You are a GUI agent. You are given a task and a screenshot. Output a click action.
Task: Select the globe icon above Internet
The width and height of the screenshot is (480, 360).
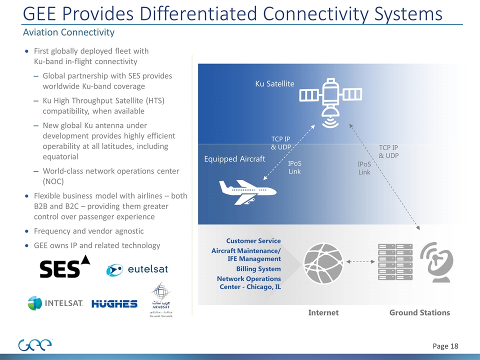tap(323, 261)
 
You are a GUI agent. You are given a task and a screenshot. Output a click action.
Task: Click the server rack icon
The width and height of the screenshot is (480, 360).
tap(395, 261)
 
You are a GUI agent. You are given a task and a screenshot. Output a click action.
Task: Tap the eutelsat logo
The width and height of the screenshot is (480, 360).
tap(137, 269)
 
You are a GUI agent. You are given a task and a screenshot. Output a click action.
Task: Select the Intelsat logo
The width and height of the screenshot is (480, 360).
tap(55, 303)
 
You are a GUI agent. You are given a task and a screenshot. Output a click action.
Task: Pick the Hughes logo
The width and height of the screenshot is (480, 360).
tap(114, 303)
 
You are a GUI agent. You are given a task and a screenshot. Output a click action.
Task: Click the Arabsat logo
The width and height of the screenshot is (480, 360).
tap(161, 300)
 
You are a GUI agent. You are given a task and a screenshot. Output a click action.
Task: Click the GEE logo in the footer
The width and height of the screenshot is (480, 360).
tap(35, 345)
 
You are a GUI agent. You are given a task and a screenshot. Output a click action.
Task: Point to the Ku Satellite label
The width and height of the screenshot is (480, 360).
tap(274, 83)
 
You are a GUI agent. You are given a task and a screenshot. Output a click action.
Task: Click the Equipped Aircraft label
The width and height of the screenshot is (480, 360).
tap(234, 159)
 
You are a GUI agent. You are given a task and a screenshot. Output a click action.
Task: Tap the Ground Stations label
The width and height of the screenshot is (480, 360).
tap(419, 312)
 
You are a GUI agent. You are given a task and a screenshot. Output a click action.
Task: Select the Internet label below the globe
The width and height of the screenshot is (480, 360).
tap(323, 312)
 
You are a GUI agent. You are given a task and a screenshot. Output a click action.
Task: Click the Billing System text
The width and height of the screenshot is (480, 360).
tap(258, 269)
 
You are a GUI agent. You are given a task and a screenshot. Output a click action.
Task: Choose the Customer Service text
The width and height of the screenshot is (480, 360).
tap(253, 241)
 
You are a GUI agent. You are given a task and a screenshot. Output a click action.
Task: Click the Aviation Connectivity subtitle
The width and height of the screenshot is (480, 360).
tap(68, 32)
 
